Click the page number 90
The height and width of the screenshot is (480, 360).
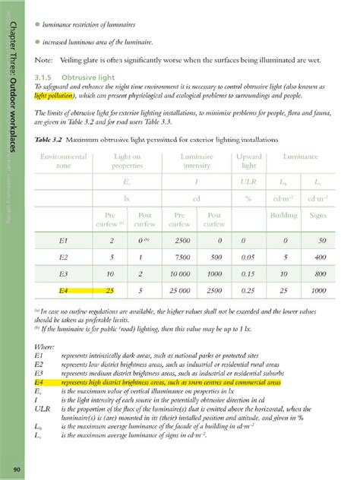15,469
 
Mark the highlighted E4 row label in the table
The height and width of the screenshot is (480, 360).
64,290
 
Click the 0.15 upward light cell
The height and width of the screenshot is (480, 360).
248,273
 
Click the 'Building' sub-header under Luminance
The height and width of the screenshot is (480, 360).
283,215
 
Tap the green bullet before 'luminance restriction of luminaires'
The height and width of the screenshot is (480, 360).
36,25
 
